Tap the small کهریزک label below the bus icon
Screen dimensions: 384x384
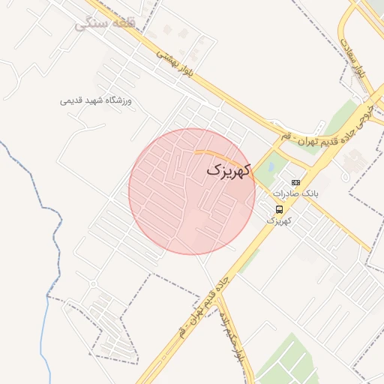pos(279,221)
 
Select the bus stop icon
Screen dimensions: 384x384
pos(279,208)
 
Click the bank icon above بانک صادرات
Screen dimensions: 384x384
pos(295,182)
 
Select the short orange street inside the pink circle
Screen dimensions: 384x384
pos(222,157)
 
